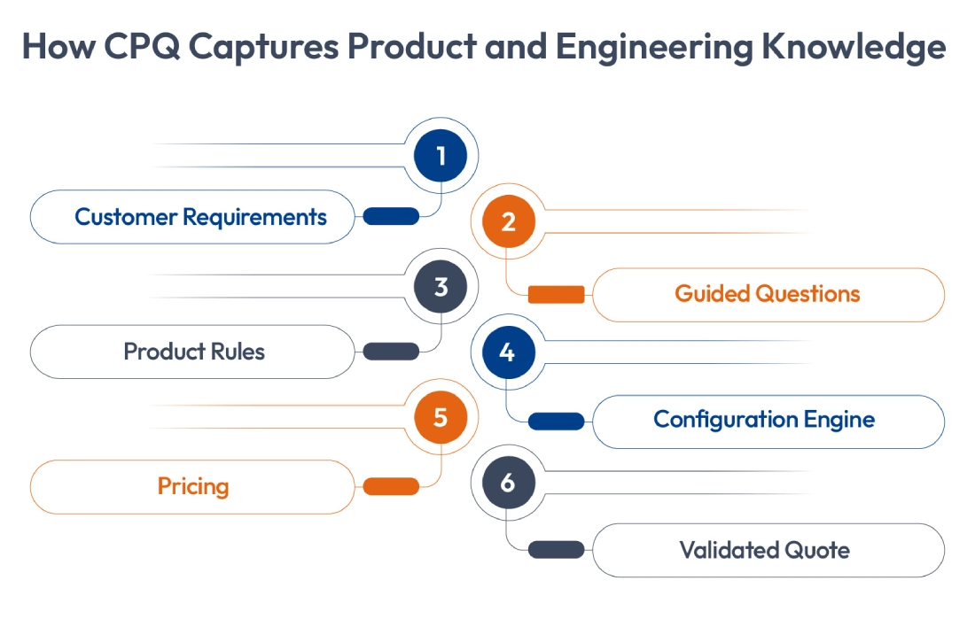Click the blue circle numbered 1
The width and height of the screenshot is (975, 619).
(x=441, y=156)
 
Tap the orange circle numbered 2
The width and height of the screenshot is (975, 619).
(x=508, y=221)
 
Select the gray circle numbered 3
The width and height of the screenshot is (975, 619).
(x=441, y=287)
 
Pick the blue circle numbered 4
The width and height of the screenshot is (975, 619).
(x=508, y=352)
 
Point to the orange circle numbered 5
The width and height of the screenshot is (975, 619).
(x=441, y=416)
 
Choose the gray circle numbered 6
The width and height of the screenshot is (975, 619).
(x=508, y=483)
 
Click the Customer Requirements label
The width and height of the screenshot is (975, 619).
(x=200, y=217)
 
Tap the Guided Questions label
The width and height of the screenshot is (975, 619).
(x=768, y=294)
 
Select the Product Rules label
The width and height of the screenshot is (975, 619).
(x=194, y=352)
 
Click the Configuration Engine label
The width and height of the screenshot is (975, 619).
(x=764, y=420)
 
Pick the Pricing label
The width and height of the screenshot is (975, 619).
(x=193, y=486)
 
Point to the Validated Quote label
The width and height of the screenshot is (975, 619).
(x=764, y=550)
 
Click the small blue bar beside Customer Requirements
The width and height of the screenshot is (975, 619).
(x=391, y=216)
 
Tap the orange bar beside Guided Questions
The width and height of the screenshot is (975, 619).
(x=556, y=295)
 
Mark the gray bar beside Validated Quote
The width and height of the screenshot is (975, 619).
(x=556, y=550)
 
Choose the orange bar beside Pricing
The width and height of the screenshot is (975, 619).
(x=391, y=486)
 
